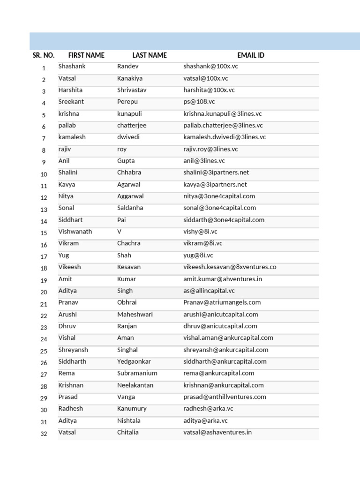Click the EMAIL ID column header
[x=250, y=55]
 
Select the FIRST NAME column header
[x=86, y=55]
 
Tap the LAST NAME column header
[x=150, y=55]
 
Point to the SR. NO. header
[x=44, y=55]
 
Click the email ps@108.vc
[x=199, y=102]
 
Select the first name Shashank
[x=72, y=67]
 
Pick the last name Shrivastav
[x=132, y=90]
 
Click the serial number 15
[x=44, y=233]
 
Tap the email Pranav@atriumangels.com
[x=222, y=302]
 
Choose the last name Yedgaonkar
[x=134, y=361]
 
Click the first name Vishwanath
[x=75, y=232]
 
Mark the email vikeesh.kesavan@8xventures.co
[x=230, y=267]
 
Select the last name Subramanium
[x=137, y=373]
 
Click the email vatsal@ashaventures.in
[x=217, y=432]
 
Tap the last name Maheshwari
[x=135, y=315]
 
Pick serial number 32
[x=44, y=434]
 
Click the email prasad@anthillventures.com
[x=225, y=397]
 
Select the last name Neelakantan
[x=135, y=385]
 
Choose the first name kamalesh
[x=72, y=137]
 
